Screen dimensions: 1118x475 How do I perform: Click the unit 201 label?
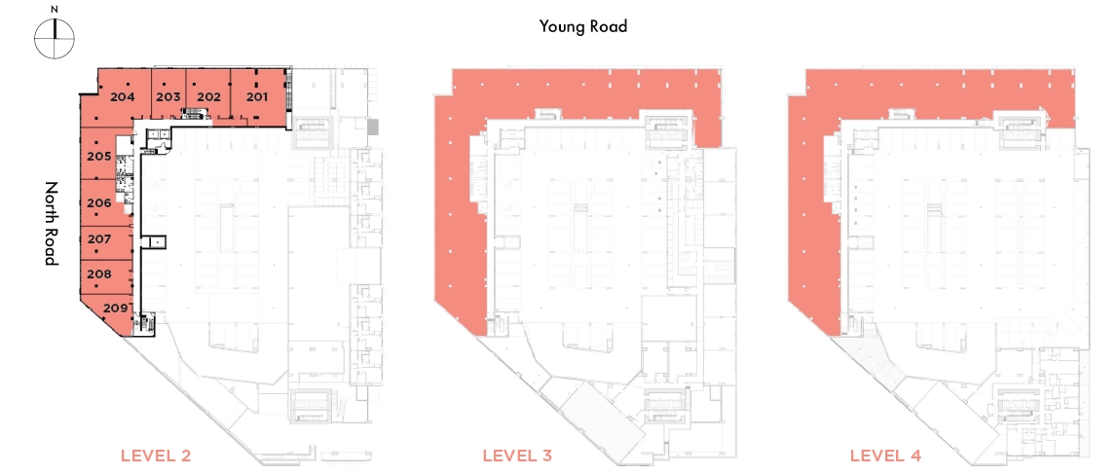tap(257, 97)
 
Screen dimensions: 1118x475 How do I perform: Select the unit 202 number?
tap(208, 97)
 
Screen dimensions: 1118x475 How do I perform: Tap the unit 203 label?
tap(168, 97)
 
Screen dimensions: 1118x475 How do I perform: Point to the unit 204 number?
tap(123, 97)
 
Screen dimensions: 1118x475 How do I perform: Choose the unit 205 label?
tap(98, 157)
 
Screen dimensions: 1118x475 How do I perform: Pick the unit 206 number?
tap(98, 203)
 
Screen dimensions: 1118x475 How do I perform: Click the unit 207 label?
tap(98, 239)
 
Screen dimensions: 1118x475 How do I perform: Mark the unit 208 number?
tap(98, 274)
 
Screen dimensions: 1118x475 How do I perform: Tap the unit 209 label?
tap(116, 309)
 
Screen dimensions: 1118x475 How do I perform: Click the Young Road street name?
tap(583, 27)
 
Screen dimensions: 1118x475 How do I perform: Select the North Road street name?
tap(52, 224)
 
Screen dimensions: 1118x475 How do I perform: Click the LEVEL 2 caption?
tap(156, 456)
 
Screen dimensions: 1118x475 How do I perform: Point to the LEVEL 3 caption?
tap(517, 456)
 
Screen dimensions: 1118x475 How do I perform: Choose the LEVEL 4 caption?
tap(885, 456)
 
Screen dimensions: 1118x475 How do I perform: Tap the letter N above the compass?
tap(55, 10)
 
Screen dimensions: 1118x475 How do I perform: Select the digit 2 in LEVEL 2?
tap(186, 456)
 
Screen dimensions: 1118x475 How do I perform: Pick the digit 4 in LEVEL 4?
tap(914, 456)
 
